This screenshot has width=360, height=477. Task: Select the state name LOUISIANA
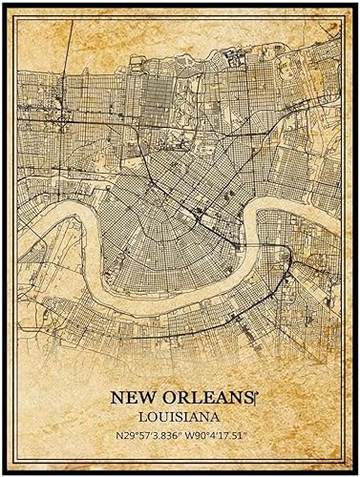[180, 417]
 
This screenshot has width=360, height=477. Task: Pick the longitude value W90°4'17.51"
[219, 436]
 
